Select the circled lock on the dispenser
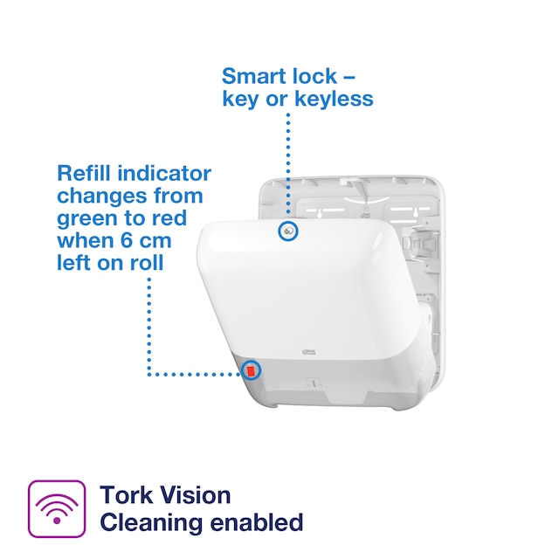pyautogui.click(x=286, y=231)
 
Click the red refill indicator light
pyautogui.click(x=252, y=371)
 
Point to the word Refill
pyautogui.click(x=83, y=173)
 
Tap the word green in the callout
pyautogui.click(x=85, y=218)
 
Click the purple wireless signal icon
pyautogui.click(x=57, y=508)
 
